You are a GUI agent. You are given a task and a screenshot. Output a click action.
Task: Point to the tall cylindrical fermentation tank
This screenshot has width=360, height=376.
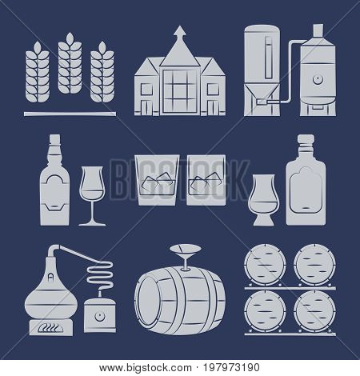(x=258, y=64)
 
